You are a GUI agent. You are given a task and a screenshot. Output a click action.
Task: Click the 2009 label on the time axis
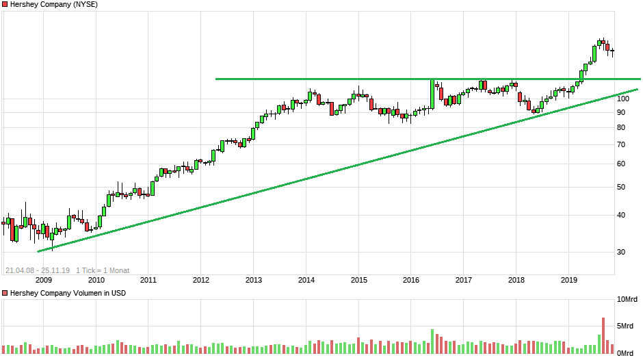click(43, 279)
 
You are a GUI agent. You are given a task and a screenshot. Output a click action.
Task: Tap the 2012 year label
click(200, 279)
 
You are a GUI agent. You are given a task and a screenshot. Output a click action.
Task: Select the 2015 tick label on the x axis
click(358, 279)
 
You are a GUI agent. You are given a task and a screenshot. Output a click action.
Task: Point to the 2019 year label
click(569, 279)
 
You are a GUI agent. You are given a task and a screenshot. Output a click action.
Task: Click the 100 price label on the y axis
click(622, 99)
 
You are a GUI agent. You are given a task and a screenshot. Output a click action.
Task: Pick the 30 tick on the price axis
click(620, 252)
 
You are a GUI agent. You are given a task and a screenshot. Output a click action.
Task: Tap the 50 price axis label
click(620, 186)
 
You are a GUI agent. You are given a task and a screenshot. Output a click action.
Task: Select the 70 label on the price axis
click(620, 144)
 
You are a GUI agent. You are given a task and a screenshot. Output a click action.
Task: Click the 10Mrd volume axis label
click(629, 300)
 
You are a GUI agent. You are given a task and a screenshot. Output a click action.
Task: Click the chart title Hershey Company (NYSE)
click(54, 4)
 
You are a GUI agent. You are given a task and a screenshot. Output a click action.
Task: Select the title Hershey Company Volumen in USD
click(69, 293)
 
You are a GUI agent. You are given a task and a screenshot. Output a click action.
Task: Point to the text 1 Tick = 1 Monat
click(103, 270)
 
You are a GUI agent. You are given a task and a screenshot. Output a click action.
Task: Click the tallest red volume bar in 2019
click(603, 335)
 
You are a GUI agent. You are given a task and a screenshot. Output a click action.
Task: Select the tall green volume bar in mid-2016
click(433, 341)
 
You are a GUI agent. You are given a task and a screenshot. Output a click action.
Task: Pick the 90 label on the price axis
click(620, 112)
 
